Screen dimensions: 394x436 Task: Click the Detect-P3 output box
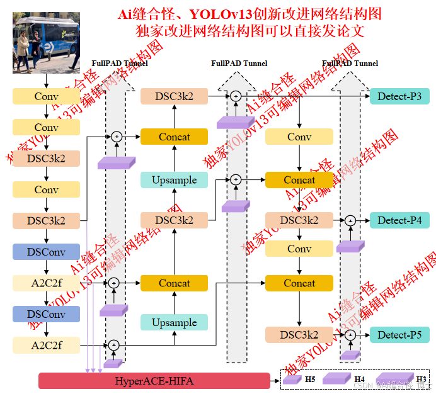point(399,96)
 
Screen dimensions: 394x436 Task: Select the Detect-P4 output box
point(399,220)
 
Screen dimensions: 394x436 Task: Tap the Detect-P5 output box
point(399,335)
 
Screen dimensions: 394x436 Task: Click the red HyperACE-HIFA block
point(154,381)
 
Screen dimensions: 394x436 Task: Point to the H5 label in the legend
point(310,379)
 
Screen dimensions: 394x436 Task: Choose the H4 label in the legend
point(359,379)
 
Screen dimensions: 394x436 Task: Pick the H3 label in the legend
point(421,379)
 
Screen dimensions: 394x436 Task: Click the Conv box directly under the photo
point(47,96)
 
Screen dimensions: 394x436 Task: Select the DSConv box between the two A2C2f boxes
point(47,314)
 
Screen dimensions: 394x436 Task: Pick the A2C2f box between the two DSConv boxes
point(47,283)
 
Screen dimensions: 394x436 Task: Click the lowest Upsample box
point(174,323)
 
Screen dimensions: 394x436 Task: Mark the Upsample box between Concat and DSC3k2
point(174,180)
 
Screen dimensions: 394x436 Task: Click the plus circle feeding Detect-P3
point(236,96)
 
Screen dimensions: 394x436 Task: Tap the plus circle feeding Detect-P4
point(350,220)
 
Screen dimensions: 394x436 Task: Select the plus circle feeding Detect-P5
point(350,335)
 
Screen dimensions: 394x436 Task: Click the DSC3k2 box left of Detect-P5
point(299,335)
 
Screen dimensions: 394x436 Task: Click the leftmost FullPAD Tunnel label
point(120,64)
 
